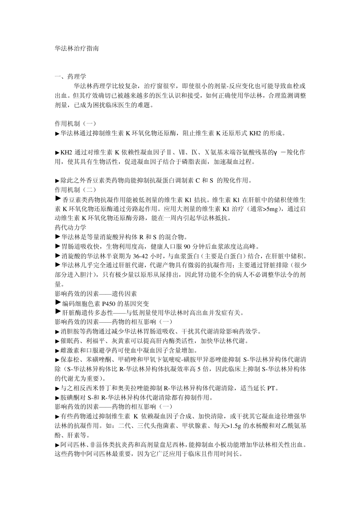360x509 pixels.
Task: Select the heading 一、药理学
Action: (70, 77)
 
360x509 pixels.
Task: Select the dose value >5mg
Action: (271, 209)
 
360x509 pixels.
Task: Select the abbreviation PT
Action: (271, 388)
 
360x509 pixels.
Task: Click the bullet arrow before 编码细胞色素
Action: (58, 302)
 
